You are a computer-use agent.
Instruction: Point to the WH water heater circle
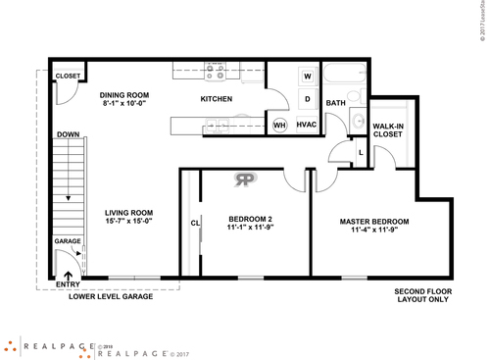pos(278,125)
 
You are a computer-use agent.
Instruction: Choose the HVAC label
pos(305,125)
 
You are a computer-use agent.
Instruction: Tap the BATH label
pos(336,103)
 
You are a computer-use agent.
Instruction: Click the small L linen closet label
pos(361,152)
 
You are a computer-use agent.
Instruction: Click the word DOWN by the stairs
pos(68,134)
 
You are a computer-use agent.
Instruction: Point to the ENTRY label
pos(68,284)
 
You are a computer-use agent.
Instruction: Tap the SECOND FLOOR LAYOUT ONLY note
pos(422,296)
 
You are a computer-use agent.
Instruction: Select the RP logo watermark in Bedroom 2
pos(243,179)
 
